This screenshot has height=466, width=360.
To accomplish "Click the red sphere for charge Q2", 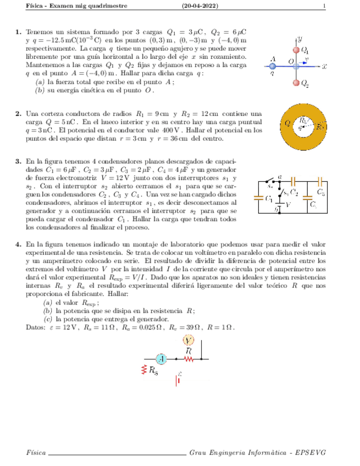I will [x=297, y=84].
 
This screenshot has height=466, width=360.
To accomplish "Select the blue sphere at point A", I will [x=273, y=66].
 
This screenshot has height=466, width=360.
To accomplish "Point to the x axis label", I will [x=324, y=66].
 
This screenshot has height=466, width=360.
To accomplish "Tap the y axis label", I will [x=301, y=39].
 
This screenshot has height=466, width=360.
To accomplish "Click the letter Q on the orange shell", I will [x=286, y=123].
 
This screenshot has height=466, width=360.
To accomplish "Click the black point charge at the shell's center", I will [x=306, y=127].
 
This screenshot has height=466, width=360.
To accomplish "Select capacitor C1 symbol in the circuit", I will [x=259, y=199].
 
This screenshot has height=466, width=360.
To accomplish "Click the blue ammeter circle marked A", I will [x=161, y=359].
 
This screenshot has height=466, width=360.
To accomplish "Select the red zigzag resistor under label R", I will [x=189, y=359].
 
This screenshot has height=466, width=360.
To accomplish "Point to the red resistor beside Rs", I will [x=145, y=369].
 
